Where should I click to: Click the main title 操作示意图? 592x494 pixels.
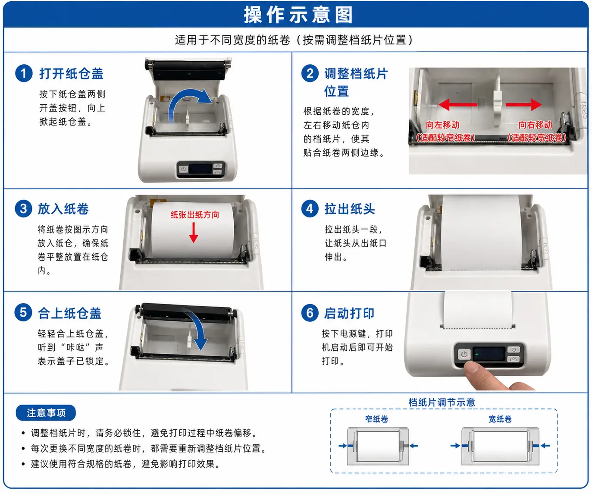point(298,15)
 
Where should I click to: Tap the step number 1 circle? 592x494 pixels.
point(24,73)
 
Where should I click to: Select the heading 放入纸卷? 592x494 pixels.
point(63,209)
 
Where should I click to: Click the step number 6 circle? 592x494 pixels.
point(310,313)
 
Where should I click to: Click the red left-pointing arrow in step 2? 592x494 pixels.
point(457,104)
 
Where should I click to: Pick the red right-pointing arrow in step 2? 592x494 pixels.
point(523,104)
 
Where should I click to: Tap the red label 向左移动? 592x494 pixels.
point(442,125)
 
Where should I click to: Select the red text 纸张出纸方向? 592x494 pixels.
point(194,215)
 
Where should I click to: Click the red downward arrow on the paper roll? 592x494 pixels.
point(194,233)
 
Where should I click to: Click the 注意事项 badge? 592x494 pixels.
point(46,413)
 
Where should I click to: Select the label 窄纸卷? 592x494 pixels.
point(376,419)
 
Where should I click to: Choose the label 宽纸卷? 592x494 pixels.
point(500,419)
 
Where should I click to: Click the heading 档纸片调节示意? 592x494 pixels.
point(442,403)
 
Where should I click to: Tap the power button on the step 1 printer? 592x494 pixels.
point(183,169)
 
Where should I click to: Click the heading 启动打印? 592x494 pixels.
point(349,314)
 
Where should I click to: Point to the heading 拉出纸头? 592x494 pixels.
point(350,209)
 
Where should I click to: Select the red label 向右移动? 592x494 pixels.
point(535,125)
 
